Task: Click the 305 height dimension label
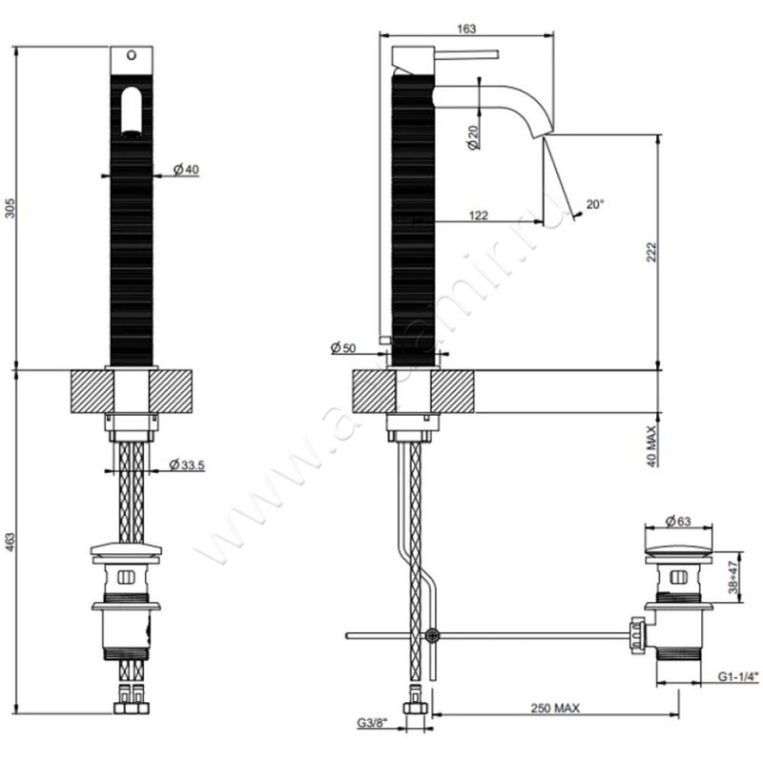tap(10, 209)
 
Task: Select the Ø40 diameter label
tap(186, 169)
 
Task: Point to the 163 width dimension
tap(466, 30)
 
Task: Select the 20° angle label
tap(595, 204)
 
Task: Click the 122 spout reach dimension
tap(479, 216)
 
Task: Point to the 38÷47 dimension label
tap(733, 578)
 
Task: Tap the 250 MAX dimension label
tap(557, 708)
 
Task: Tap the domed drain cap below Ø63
tap(677, 550)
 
